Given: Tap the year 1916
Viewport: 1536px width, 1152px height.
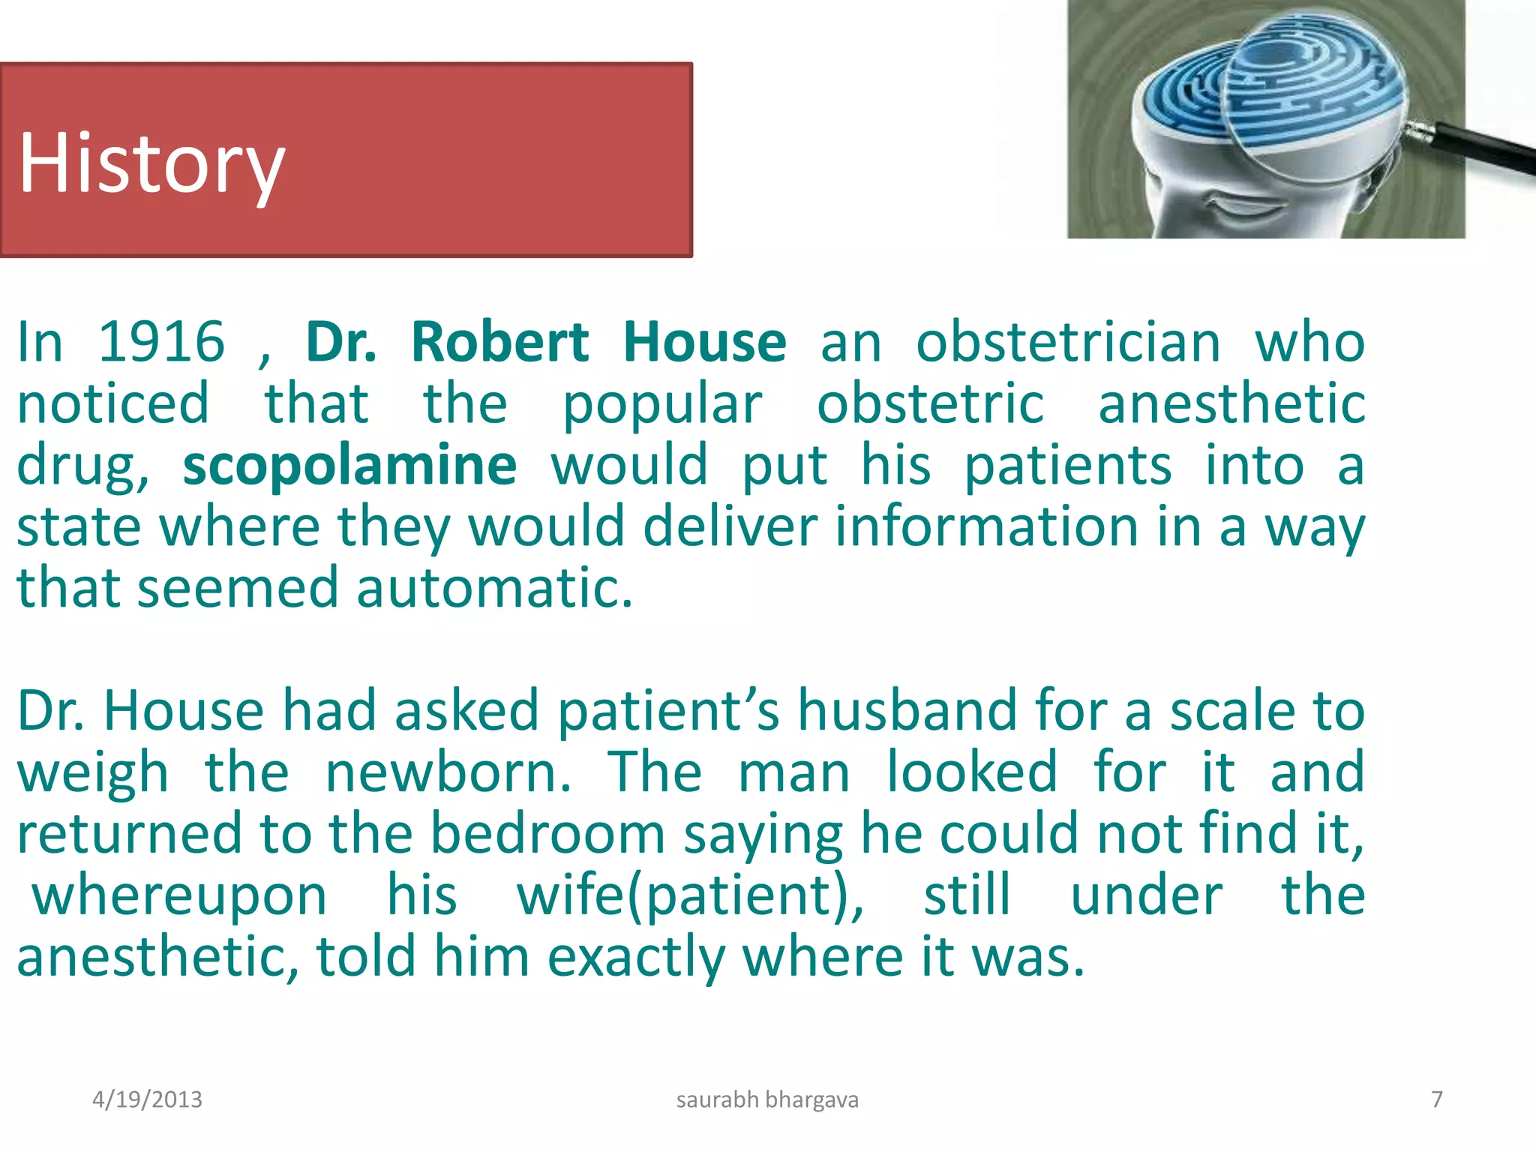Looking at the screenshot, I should tap(161, 342).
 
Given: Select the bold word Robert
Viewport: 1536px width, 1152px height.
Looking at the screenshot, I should tap(499, 342).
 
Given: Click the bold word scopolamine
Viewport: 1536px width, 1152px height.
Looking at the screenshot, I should tap(349, 466).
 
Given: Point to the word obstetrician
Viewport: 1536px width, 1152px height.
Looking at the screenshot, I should tap(1068, 342).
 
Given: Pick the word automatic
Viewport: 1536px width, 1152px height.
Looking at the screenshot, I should tap(494, 588).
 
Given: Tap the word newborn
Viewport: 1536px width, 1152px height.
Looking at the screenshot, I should tap(448, 772).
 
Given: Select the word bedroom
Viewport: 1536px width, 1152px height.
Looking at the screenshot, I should tap(547, 833).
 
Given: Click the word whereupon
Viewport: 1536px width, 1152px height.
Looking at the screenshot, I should tap(179, 895).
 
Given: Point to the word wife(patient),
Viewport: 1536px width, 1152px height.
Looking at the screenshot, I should tap(690, 895).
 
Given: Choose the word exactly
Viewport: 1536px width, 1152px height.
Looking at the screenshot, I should tap(636, 958).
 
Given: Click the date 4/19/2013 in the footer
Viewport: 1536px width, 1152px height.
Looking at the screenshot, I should tap(147, 1099).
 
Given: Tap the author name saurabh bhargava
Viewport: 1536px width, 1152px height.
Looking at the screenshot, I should tap(767, 1099).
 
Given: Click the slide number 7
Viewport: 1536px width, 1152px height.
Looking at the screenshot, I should tap(1436, 1099).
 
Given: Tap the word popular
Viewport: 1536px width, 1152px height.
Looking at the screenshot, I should tap(662, 404).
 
